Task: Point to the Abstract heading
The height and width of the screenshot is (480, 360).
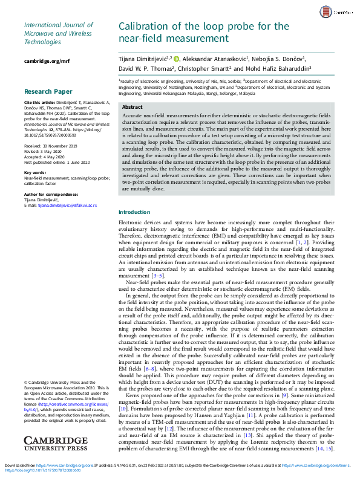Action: pyautogui.click(x=133, y=106)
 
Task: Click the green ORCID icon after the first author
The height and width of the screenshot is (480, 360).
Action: pyautogui.click(x=178, y=59)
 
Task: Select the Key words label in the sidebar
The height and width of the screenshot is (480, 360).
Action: pyautogui.click(x=37, y=172)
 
